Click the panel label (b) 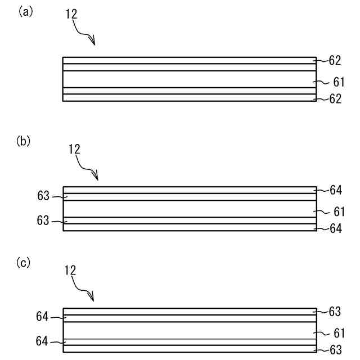pos(24,141)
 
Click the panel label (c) pos(24,263)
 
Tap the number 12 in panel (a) pos(71,15)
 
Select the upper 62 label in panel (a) pos(336,60)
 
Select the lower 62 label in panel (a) pos(336,100)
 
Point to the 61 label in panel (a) pos(338,82)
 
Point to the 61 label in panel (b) pos(338,212)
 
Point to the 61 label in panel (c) pos(338,333)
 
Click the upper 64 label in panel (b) pos(336,190)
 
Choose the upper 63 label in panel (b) pos(43,196)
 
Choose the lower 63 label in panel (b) pos(43,221)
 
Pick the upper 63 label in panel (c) pos(336,312)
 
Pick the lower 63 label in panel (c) pos(336,350)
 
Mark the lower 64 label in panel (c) pos(43,341)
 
